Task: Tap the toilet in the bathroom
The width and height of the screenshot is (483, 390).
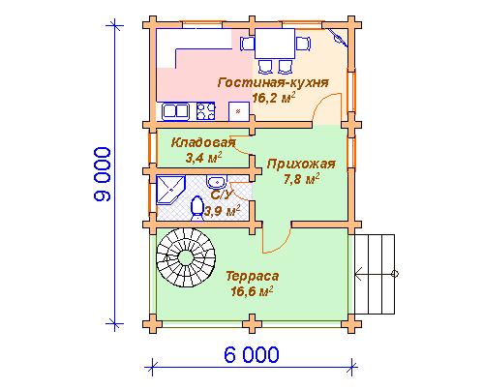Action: point(196,209)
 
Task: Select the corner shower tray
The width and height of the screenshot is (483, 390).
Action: point(170,190)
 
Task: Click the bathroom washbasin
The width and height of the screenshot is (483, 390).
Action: point(217,182)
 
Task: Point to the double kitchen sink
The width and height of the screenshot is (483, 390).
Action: point(175,111)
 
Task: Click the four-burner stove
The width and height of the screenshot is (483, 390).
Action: point(205,111)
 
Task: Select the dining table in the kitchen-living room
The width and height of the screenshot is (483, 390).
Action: point(275,44)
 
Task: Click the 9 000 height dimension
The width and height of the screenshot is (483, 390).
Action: point(103,174)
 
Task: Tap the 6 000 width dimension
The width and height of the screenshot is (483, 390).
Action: point(252,355)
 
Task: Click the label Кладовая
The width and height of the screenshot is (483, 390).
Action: point(203,142)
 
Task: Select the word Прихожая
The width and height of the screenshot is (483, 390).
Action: point(301,165)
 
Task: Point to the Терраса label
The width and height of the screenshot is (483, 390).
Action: point(253,277)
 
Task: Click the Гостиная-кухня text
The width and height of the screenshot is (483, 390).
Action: point(273,82)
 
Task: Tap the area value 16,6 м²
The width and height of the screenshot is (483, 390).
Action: point(252,291)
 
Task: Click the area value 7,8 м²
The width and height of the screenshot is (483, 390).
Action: point(302,179)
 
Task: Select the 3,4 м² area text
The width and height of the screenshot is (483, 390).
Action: point(204,158)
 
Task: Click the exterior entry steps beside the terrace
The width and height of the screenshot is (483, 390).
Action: point(375,274)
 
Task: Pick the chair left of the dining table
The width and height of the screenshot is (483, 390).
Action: point(248,44)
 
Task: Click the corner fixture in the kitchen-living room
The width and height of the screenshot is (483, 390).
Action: point(338,38)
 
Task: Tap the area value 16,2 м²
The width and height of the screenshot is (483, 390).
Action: point(274,98)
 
